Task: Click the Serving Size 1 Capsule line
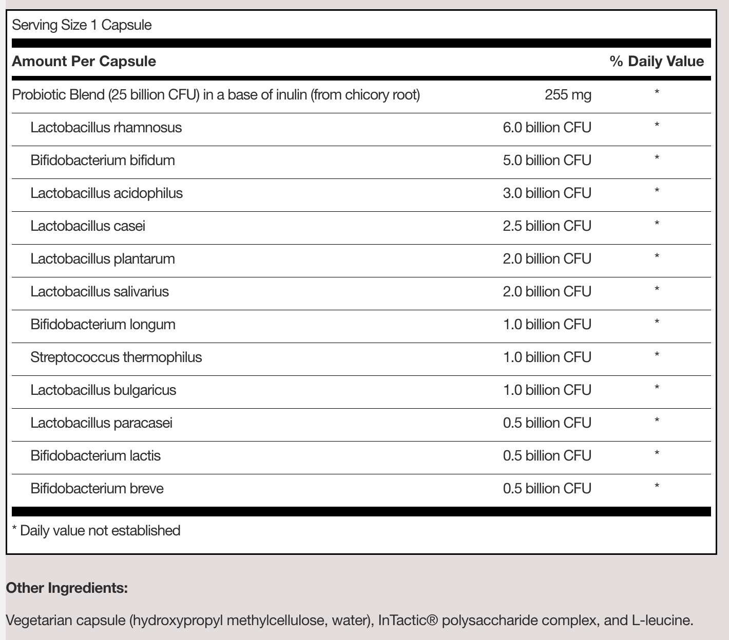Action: (x=82, y=25)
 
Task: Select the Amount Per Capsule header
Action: (x=84, y=62)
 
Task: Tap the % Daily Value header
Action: (x=656, y=62)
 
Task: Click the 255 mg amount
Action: (x=568, y=95)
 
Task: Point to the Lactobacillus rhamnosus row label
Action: (x=106, y=128)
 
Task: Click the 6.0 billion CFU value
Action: (x=547, y=128)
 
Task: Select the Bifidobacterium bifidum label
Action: (x=102, y=161)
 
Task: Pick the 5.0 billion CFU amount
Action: (x=547, y=161)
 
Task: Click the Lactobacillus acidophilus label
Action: (x=106, y=193)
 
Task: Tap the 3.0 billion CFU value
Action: (x=547, y=193)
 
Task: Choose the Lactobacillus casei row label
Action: (x=87, y=226)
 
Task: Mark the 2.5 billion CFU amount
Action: (x=547, y=226)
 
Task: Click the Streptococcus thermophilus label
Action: (x=116, y=357)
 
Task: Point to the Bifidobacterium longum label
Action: (x=103, y=325)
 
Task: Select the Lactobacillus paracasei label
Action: (x=101, y=423)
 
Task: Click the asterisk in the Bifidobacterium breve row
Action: (x=657, y=486)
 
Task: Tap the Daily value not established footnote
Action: (x=96, y=530)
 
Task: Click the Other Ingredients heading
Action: (x=67, y=588)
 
